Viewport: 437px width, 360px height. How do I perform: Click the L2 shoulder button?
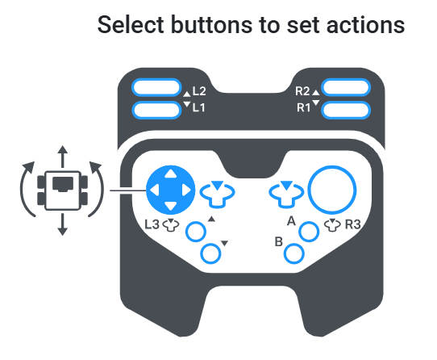point(156,88)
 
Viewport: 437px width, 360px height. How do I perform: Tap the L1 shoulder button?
point(156,110)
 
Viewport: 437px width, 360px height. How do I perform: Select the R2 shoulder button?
point(346,88)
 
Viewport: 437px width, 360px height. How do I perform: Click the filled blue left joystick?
point(171,190)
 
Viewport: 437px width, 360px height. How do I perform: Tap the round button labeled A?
point(309,232)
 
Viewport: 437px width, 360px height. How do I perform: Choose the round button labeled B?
point(294,253)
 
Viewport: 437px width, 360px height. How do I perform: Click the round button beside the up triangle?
point(196,232)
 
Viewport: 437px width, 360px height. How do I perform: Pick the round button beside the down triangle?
point(210,253)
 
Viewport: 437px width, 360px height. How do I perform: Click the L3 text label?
point(152,224)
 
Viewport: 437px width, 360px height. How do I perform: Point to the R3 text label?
point(353,224)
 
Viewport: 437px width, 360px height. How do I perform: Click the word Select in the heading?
point(131,25)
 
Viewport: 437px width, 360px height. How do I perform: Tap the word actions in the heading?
point(366,25)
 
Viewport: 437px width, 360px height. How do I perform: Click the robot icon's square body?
point(63,190)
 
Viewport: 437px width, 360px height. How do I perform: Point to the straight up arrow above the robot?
point(63,157)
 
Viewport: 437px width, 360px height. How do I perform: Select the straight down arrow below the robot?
point(63,224)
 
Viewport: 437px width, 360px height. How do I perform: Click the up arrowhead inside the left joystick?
point(171,174)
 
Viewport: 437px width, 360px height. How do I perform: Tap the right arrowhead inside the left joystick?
point(187,190)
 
